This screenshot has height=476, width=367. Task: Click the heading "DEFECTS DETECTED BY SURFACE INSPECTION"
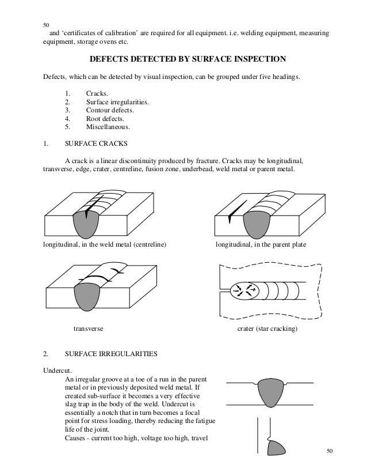pos(183,59)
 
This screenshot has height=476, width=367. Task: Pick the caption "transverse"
pos(87,329)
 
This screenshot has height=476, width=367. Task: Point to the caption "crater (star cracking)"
pos(267,329)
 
